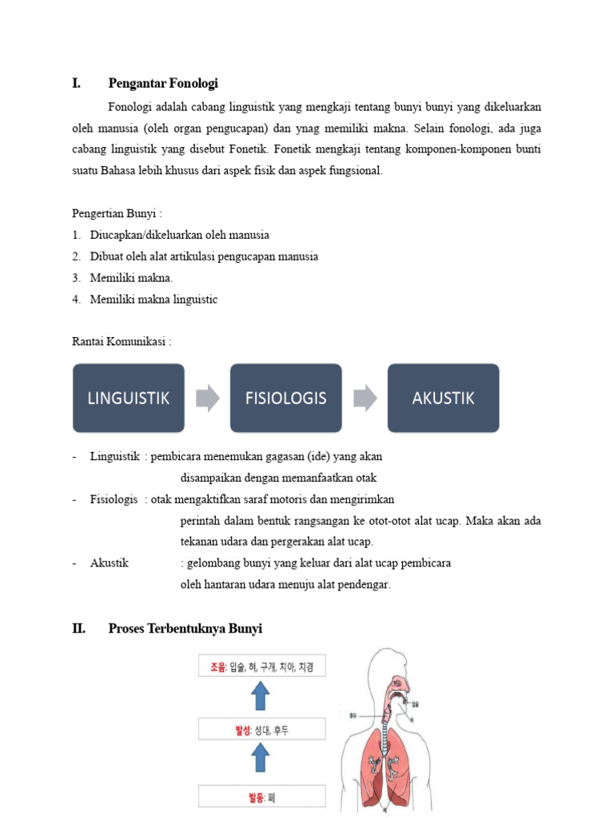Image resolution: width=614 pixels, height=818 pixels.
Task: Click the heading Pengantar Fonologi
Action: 163,83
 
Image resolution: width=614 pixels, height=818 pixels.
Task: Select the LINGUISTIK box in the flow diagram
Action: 128,398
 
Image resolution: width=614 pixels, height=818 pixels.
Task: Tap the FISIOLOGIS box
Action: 285,398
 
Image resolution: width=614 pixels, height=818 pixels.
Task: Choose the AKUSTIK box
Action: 443,398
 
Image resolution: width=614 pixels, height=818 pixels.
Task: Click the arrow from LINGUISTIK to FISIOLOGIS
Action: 207,398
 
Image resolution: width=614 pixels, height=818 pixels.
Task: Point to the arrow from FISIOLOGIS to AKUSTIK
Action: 365,398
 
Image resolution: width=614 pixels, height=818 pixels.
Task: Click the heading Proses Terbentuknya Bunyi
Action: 185,629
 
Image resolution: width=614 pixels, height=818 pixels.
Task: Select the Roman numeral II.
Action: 78,629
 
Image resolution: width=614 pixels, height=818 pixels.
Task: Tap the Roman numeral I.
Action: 76,83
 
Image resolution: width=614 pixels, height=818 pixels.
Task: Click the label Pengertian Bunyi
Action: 117,214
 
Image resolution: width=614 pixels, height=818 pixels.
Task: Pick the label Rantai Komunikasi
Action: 122,341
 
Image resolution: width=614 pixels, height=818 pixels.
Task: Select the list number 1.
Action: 75,235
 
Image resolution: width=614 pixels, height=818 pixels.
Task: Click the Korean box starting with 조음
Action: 261,666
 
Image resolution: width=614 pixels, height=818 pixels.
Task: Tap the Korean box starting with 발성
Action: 261,729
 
